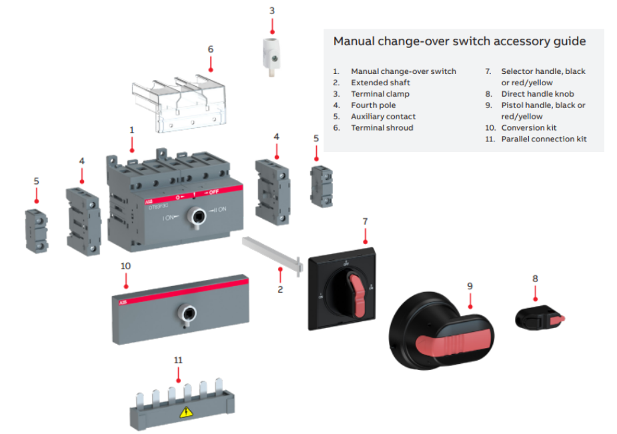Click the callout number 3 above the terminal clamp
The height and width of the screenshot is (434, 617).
[x=271, y=11]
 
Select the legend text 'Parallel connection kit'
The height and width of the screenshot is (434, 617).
[x=544, y=139]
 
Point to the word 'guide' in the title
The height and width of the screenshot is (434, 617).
[x=568, y=41]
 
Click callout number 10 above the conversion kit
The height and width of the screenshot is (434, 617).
[x=125, y=265]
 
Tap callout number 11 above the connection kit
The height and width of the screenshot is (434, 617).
[x=177, y=359]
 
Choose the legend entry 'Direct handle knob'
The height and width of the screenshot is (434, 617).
[x=538, y=94]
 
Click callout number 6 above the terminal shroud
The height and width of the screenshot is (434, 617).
[x=210, y=49]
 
